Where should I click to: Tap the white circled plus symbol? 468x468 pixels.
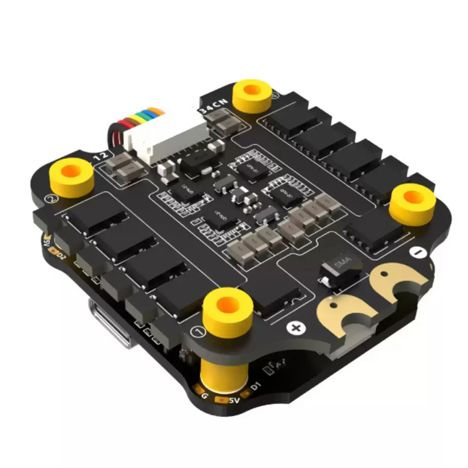click(295, 327)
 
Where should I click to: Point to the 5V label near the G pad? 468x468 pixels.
click(234, 401)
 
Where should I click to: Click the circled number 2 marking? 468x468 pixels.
click(52, 199)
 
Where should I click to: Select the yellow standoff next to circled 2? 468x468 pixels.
click(72, 176)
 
